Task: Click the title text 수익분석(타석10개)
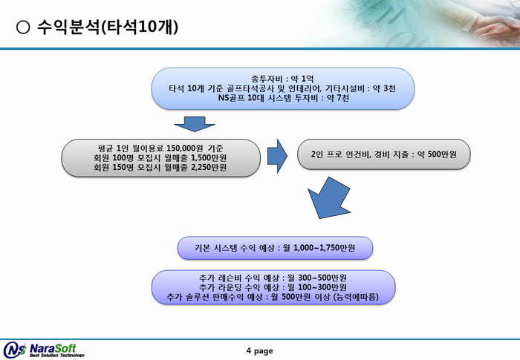point(108,27)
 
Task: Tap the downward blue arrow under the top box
point(195,124)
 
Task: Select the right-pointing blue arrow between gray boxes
point(277,156)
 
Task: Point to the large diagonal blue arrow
point(328,199)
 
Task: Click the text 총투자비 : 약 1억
point(282,79)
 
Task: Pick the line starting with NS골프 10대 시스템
point(284,98)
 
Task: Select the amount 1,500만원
point(209,158)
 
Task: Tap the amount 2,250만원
point(209,167)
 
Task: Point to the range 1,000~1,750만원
point(325,248)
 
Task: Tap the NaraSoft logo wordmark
point(53,348)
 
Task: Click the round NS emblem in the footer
point(15,350)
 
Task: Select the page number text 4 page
point(260,350)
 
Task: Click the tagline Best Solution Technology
point(57,356)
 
